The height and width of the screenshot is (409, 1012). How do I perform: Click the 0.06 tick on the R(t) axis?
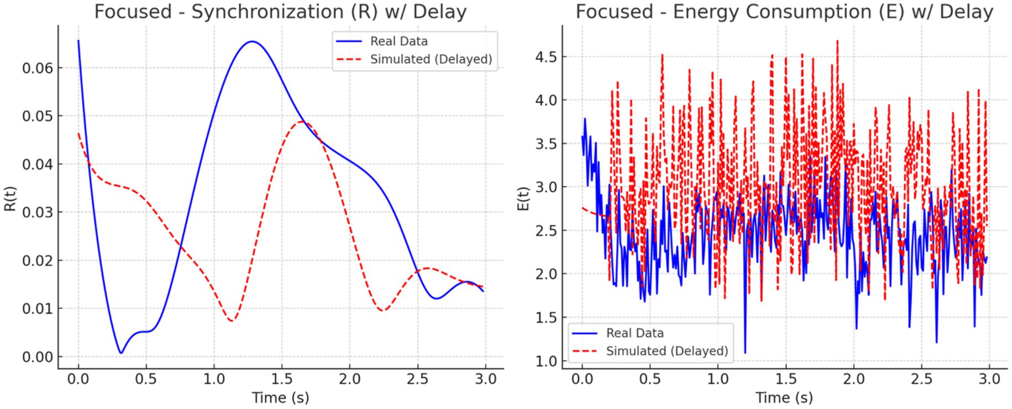pyautogui.click(x=38, y=68)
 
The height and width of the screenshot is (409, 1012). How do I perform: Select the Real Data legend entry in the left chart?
pyautogui.click(x=398, y=41)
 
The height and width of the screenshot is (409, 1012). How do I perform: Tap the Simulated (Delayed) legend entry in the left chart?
pyautogui.click(x=431, y=59)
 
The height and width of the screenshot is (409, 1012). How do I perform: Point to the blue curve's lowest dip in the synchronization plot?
pyautogui.click(x=120, y=353)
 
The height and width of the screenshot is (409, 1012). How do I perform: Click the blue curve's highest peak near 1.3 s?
pyautogui.click(x=252, y=41)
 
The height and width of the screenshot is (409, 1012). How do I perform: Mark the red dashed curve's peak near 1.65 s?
pyautogui.click(x=302, y=122)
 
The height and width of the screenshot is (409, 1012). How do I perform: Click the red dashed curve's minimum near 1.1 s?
pyautogui.click(x=232, y=321)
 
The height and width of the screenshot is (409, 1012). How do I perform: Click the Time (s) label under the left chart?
pyautogui.click(x=280, y=397)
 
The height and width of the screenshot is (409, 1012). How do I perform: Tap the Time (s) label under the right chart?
pyautogui.click(x=784, y=397)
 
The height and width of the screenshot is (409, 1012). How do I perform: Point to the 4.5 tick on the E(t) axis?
pyautogui.click(x=549, y=57)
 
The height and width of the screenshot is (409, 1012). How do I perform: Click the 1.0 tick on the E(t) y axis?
pyautogui.click(x=549, y=361)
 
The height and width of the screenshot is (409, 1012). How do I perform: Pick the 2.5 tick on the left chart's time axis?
pyautogui.click(x=417, y=379)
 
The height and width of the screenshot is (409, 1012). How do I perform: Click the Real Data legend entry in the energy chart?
pyautogui.click(x=635, y=333)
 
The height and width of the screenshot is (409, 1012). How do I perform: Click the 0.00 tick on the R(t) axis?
pyautogui.click(x=38, y=357)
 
